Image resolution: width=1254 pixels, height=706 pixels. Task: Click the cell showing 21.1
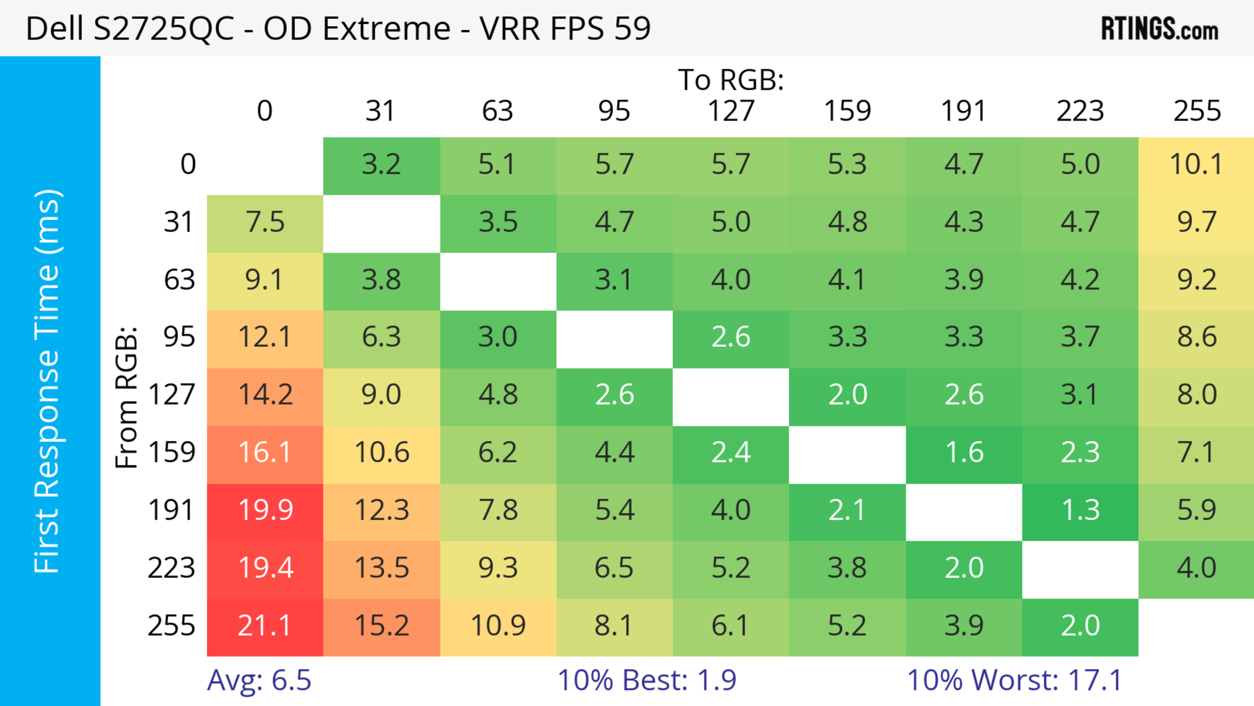(x=265, y=627)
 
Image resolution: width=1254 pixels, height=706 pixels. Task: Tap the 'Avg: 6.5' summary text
(x=259, y=680)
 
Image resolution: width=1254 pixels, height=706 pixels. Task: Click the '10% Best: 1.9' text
(x=647, y=680)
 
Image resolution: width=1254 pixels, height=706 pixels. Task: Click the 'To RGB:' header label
(x=731, y=80)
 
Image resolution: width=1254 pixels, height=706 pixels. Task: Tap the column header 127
(x=731, y=111)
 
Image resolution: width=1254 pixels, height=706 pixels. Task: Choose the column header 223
(x=1080, y=111)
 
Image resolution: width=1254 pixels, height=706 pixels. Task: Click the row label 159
(x=172, y=453)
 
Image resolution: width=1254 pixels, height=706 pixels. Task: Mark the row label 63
(x=179, y=280)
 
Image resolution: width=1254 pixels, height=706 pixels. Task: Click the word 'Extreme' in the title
(x=387, y=29)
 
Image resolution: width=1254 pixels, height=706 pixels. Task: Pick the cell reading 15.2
(x=381, y=627)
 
